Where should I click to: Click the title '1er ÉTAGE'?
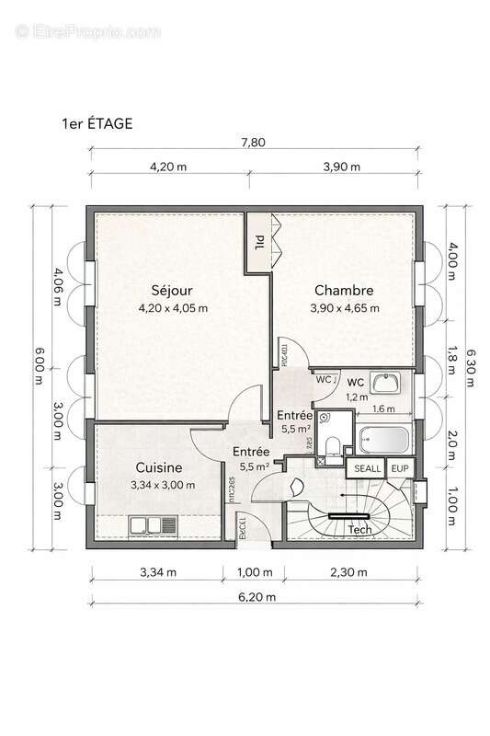[97, 123]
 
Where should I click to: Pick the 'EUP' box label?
[400, 469]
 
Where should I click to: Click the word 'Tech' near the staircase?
[359, 530]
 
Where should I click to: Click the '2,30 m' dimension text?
[348, 572]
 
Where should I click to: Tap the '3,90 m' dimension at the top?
[341, 167]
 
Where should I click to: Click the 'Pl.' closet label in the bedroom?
[259, 241]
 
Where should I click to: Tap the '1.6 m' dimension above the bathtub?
[383, 408]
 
